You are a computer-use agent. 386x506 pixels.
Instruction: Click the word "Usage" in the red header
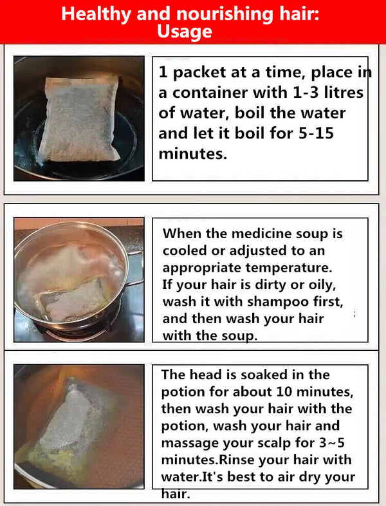pos(185,32)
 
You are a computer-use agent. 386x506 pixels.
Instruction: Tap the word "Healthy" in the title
pos(96,14)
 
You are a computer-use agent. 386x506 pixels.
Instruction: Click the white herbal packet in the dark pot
pos(80,118)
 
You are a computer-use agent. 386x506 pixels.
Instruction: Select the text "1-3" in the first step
pos(306,93)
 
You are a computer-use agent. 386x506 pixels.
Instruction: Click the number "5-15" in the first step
pos(316,133)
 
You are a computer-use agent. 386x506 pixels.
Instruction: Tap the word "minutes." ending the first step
pos(193,154)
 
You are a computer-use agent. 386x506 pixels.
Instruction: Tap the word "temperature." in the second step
pos(289,268)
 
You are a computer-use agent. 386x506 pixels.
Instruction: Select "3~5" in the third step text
pos(332,442)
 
